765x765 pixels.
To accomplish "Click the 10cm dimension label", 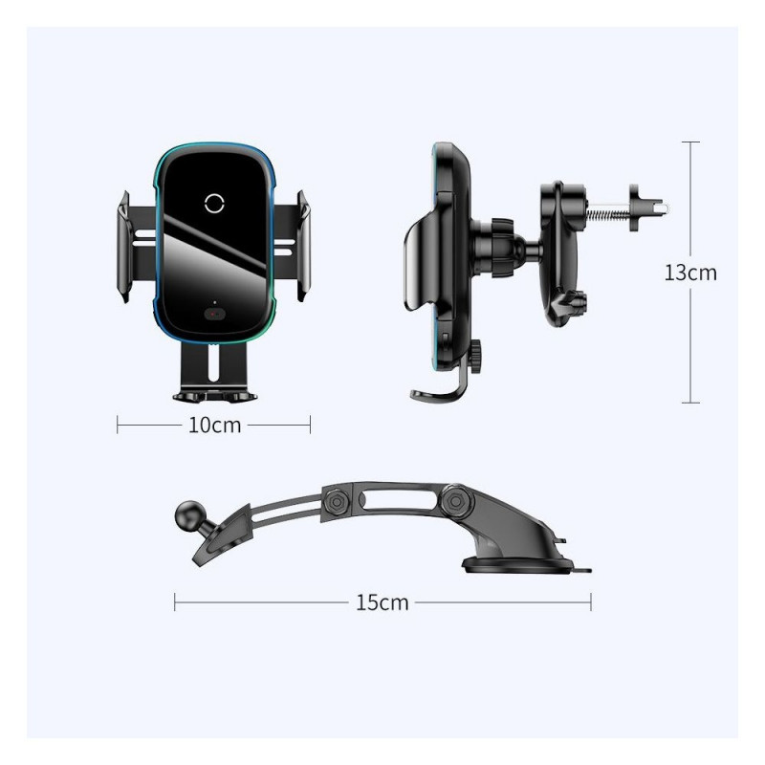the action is [214, 425].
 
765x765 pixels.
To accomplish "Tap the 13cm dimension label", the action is [690, 273].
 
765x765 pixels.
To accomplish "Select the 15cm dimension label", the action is [382, 602].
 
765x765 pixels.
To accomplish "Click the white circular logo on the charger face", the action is [214, 203].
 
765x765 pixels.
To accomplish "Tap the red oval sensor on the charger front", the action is [214, 315].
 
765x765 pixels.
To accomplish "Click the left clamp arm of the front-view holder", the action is [124, 247].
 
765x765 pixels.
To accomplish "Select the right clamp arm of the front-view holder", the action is [303, 246].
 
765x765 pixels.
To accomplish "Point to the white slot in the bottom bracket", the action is [213, 362].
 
